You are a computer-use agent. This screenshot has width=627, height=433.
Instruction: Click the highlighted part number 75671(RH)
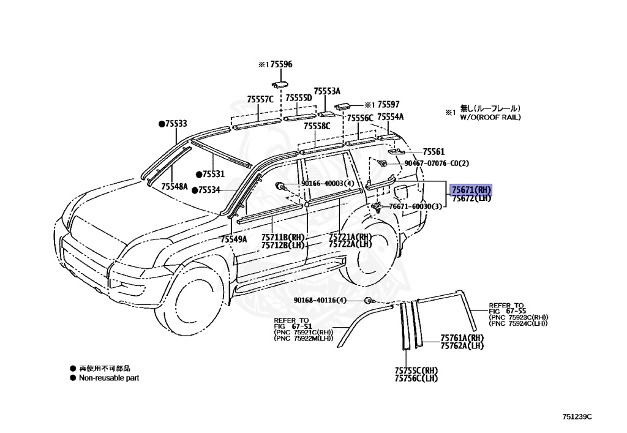pos(471,189)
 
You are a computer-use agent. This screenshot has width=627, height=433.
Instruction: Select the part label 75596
pos(281,64)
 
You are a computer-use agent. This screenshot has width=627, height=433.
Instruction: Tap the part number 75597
pos(388,105)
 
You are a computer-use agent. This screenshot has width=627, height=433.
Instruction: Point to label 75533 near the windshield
pos(175,124)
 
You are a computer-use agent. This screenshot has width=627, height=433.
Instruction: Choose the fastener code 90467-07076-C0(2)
pos(436,164)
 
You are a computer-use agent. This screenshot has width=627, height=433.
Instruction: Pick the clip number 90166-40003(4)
pos(327,183)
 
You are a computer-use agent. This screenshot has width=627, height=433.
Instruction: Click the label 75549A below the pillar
pos(234,239)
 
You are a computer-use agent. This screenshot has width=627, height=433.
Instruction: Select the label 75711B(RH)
pos(282,237)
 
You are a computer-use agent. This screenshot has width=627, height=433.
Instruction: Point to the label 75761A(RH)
pos(462,338)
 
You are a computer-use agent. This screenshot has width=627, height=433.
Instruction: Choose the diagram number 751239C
pos(577,416)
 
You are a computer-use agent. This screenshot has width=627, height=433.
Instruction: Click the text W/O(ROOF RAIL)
pos(490,117)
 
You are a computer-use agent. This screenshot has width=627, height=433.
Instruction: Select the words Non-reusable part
pos(108,378)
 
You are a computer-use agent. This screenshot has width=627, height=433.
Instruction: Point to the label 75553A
pos(327,91)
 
